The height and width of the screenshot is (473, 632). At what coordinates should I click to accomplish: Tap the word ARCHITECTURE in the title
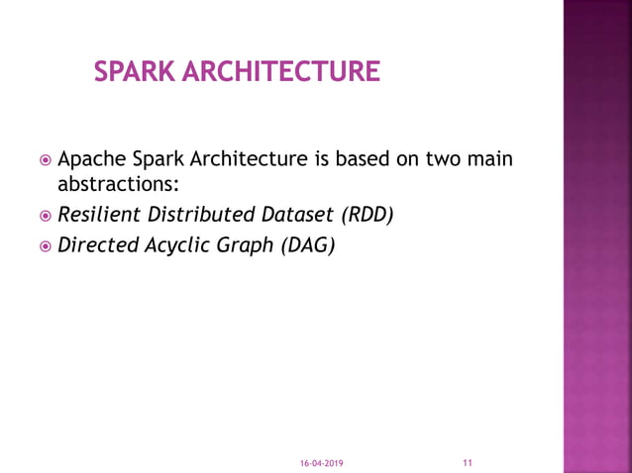pyautogui.click(x=286, y=72)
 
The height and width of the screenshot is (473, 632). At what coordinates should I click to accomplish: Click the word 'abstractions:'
pyautogui.click(x=118, y=183)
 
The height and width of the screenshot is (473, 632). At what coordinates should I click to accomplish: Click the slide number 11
pyautogui.click(x=468, y=461)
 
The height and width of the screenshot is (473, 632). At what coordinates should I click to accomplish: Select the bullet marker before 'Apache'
pyautogui.click(x=46, y=160)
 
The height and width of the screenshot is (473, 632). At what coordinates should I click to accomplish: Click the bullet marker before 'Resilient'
pyautogui.click(x=46, y=214)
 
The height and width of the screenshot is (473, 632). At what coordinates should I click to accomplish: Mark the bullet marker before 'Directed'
pyautogui.click(x=46, y=244)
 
